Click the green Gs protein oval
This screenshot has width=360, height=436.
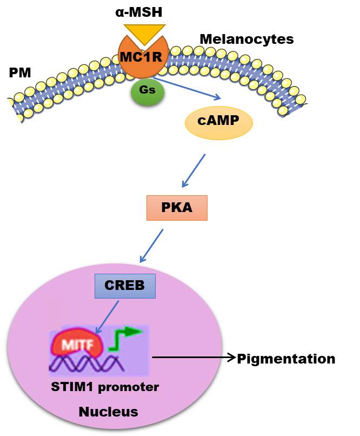coord(147,90)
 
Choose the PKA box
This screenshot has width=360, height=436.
coord(176,208)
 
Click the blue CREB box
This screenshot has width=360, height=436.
coord(125,285)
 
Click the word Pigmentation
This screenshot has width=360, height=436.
coord(286,359)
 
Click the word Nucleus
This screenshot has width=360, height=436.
coord(108,412)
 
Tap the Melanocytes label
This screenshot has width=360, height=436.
coord(246,39)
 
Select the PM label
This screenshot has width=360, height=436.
coord(19,72)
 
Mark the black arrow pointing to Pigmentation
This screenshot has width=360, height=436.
coord(195,358)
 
